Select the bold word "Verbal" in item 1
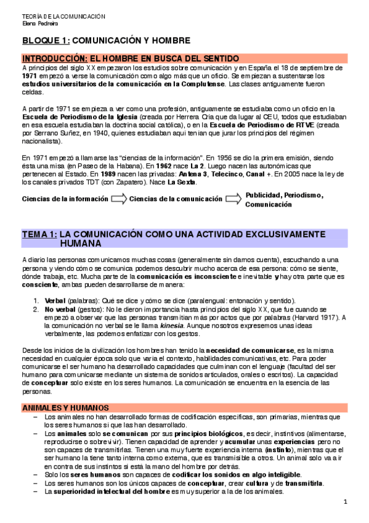click(x=55, y=300)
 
